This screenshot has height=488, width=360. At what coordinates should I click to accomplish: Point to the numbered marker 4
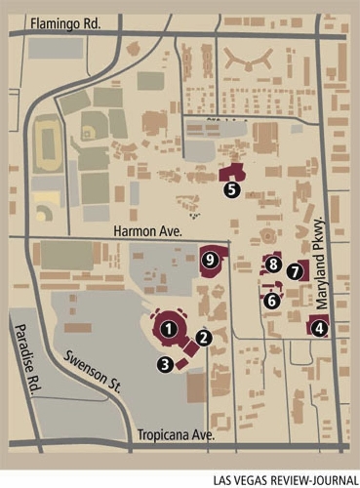point(319,329)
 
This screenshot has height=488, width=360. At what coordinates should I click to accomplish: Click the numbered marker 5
point(231,190)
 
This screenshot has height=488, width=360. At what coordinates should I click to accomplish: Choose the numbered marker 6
point(272,302)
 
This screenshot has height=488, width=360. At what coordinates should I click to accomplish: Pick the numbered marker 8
point(273,264)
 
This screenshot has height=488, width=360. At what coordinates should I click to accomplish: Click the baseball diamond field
point(91,128)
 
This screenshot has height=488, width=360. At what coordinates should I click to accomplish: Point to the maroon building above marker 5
point(234,173)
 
